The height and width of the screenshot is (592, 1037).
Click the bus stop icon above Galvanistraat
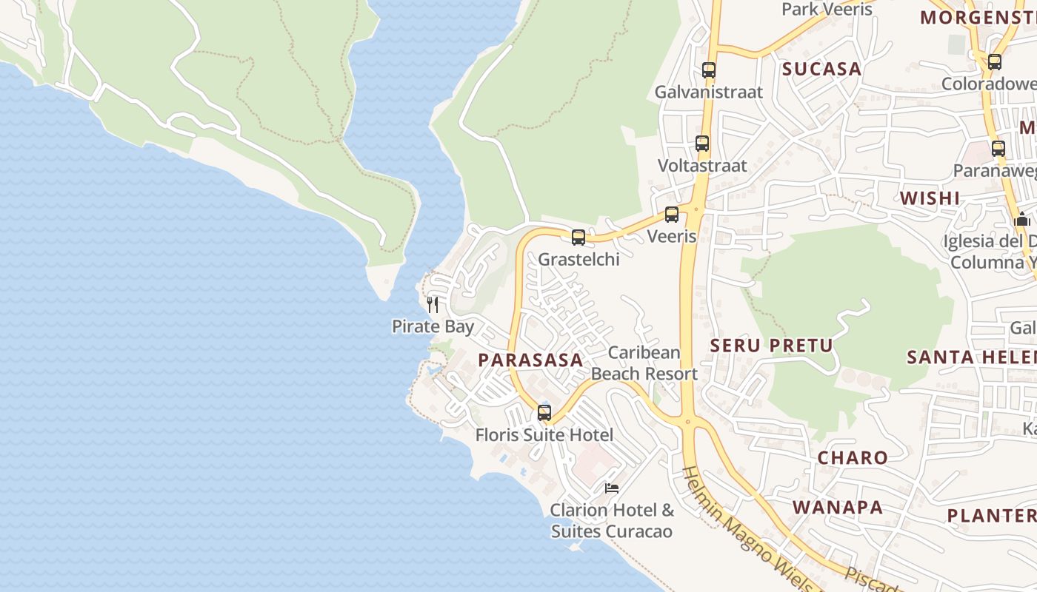[709, 70]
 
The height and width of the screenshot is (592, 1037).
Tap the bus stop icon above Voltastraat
[702, 144]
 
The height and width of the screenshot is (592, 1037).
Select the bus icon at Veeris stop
[672, 215]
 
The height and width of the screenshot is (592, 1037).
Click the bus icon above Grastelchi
[578, 238]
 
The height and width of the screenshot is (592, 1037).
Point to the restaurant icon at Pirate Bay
[433, 304]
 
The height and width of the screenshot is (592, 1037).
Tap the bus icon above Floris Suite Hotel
[544, 412]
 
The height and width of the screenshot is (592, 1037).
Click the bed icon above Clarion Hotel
[612, 488]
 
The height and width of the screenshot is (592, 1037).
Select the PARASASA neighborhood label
[530, 360]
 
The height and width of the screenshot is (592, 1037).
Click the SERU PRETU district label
[771, 346]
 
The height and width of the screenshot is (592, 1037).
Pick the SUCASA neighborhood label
[822, 70]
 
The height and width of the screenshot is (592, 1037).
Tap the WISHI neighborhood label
[930, 198]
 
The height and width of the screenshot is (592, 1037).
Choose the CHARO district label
[853, 458]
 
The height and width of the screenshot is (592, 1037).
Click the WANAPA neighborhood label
[838, 508]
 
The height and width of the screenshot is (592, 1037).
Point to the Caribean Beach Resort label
[644, 363]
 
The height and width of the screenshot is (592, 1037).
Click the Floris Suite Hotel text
[544, 435]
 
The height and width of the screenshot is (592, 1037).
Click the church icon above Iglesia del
[1022, 220]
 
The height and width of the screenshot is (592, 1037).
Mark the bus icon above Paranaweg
[998, 149]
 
